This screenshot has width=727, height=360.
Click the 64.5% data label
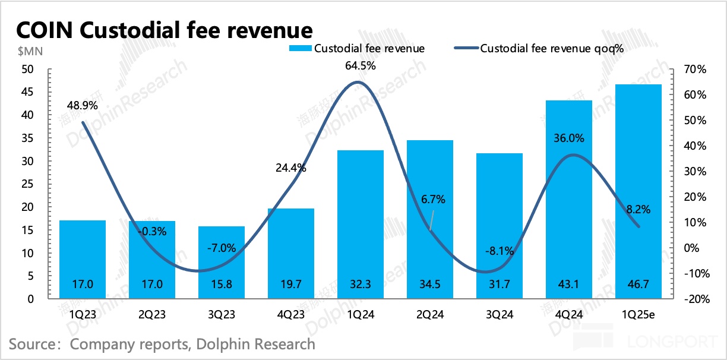click(x=361, y=66)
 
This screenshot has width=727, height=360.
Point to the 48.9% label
click(x=83, y=105)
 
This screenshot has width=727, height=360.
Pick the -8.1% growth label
click(x=498, y=251)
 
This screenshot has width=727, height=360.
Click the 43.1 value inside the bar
click(x=569, y=285)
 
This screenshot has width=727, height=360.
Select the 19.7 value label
click(x=290, y=285)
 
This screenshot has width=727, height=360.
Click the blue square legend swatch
click(x=300, y=48)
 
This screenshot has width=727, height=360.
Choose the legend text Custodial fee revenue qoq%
click(x=551, y=48)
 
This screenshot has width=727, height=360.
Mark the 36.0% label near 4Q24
click(x=569, y=138)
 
